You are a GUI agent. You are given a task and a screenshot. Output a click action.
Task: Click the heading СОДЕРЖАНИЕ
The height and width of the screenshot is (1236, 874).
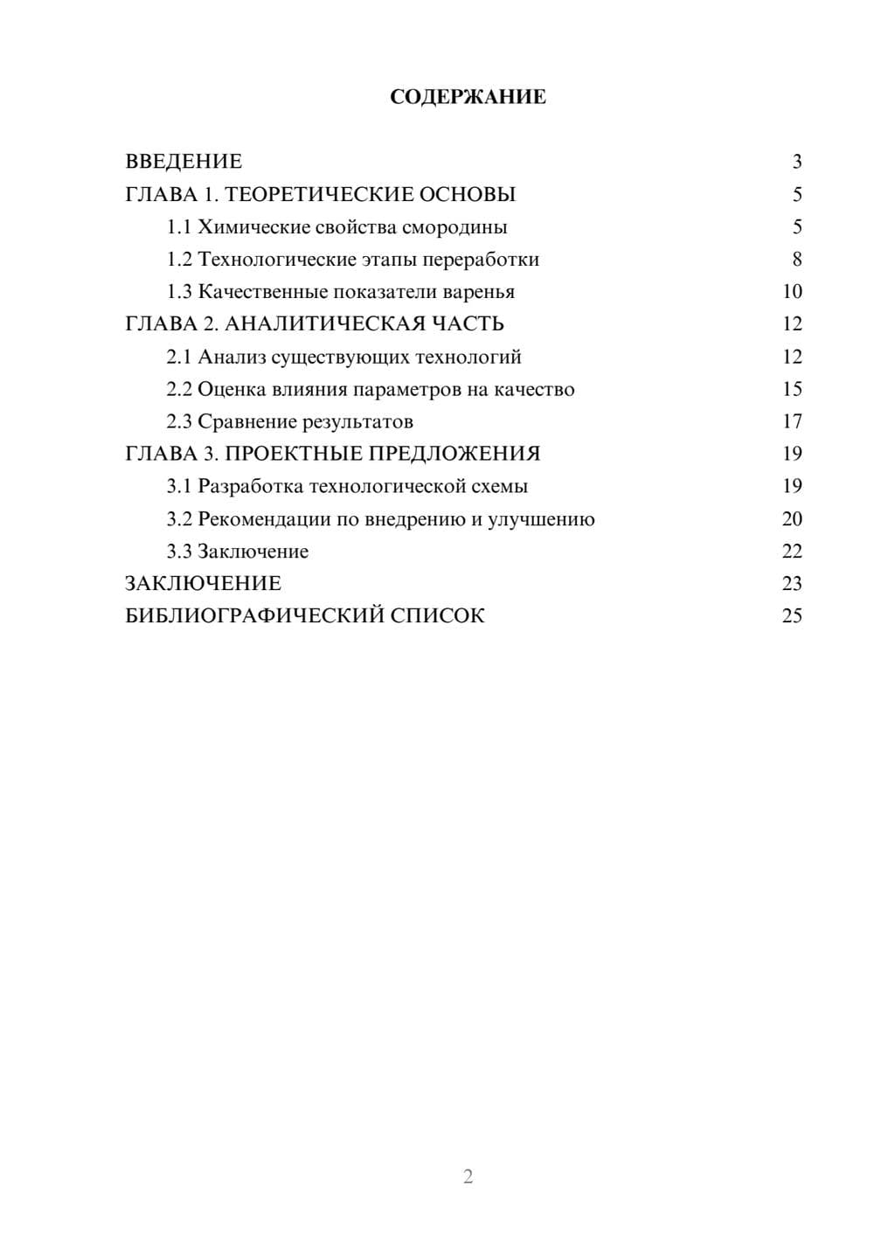pyautogui.click(x=468, y=97)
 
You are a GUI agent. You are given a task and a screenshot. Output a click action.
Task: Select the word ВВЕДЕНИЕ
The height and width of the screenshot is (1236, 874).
pyautogui.click(x=184, y=162)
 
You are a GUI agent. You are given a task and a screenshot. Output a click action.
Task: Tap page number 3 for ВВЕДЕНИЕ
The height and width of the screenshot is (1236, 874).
pyautogui.click(x=796, y=162)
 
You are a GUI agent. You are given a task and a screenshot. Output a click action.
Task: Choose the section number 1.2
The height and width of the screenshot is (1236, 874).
pyautogui.click(x=179, y=260)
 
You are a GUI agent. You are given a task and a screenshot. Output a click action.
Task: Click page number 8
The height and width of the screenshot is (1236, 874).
pyautogui.click(x=796, y=260)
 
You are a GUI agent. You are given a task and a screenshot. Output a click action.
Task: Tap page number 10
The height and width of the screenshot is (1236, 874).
pyautogui.click(x=792, y=292)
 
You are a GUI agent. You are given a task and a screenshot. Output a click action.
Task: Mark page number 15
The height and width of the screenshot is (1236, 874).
pyautogui.click(x=792, y=390)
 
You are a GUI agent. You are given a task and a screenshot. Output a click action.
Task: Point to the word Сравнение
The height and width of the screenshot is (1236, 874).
pyautogui.click(x=246, y=422)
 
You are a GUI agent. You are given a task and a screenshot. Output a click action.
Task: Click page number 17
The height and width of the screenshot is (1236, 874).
pyautogui.click(x=792, y=422)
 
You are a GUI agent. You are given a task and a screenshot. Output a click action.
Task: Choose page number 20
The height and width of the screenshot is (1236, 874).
pyautogui.click(x=792, y=519)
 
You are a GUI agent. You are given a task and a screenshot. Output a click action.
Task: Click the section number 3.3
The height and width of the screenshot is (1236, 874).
pyautogui.click(x=179, y=552)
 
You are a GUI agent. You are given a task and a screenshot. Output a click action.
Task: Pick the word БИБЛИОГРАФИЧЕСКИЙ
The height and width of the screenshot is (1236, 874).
pyautogui.click(x=254, y=616)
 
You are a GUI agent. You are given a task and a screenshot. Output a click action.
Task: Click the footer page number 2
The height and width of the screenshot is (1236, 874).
pyautogui.click(x=468, y=1177)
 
